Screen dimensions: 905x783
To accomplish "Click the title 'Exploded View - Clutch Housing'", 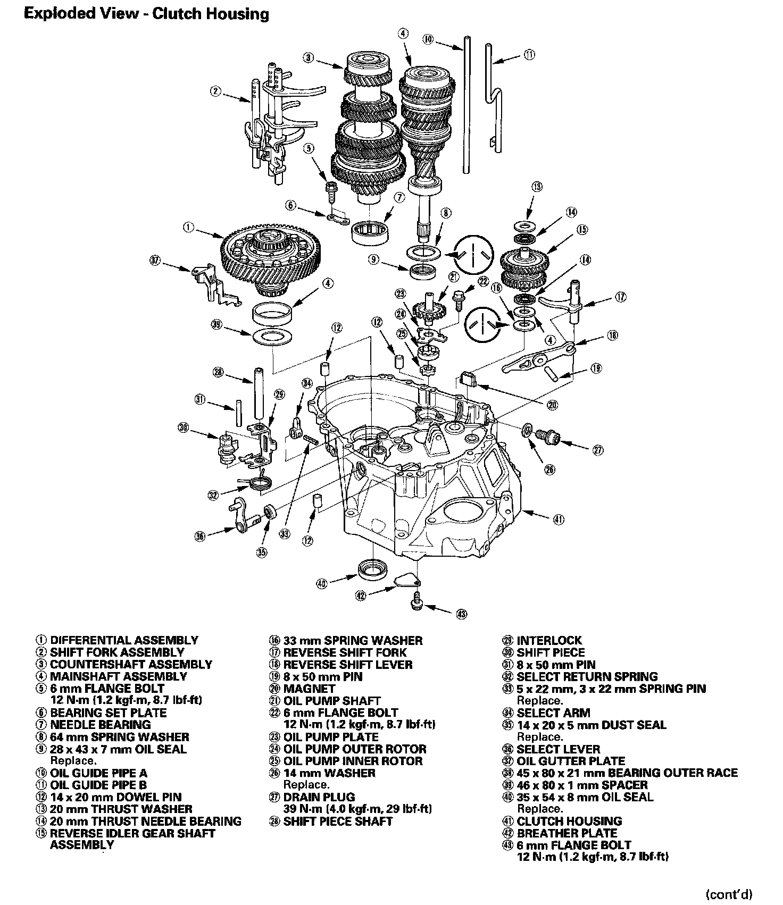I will tap(146, 13).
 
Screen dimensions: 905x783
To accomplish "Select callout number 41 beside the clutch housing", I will tap(559, 519).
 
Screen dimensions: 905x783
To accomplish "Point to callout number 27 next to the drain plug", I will tap(598, 450).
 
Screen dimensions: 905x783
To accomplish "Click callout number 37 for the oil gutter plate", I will tap(155, 261).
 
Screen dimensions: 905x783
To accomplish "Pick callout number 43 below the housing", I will tap(461, 614).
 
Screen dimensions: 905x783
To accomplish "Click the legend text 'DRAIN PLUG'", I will tap(319, 797).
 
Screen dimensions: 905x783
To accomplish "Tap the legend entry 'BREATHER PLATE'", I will tap(567, 833).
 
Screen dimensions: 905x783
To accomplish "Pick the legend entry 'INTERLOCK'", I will tap(549, 641).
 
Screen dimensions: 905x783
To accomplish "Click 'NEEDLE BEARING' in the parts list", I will tap(101, 725).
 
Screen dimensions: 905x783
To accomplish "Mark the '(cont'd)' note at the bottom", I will tap(729, 894).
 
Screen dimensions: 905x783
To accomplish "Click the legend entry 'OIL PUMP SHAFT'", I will tap(332, 701).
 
